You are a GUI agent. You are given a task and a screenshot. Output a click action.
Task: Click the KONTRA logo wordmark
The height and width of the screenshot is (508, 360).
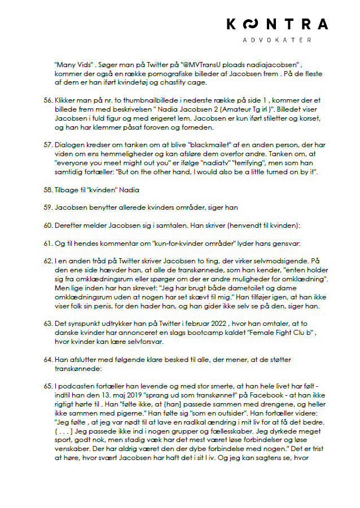coord(276,24)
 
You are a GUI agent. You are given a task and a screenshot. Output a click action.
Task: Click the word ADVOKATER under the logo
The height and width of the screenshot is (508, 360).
coord(276,41)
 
